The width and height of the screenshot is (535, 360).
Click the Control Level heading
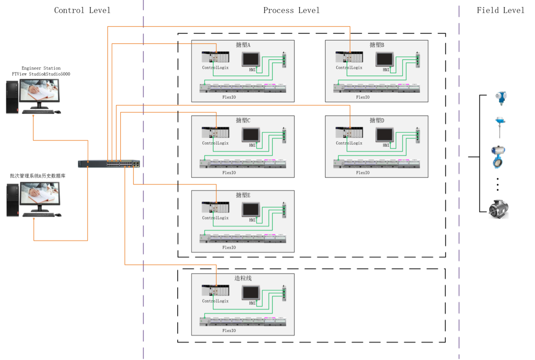click(x=82, y=10)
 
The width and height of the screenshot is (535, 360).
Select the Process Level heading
click(x=291, y=10)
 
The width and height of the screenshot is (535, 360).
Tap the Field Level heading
click(x=500, y=10)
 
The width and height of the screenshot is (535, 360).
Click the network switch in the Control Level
click(x=109, y=164)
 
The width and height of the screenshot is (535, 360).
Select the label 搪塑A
click(x=243, y=45)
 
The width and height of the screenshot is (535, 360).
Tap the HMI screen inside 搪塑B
click(x=385, y=59)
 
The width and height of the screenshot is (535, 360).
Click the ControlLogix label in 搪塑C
click(x=215, y=143)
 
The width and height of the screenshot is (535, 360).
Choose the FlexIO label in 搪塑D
click(x=363, y=173)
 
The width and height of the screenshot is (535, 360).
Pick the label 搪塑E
click(x=243, y=195)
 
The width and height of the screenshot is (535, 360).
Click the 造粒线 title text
click(x=243, y=278)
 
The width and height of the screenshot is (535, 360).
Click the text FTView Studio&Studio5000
click(x=41, y=74)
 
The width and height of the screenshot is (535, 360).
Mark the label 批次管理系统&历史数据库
click(x=38, y=176)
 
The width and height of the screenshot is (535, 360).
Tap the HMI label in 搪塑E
click(x=253, y=220)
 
